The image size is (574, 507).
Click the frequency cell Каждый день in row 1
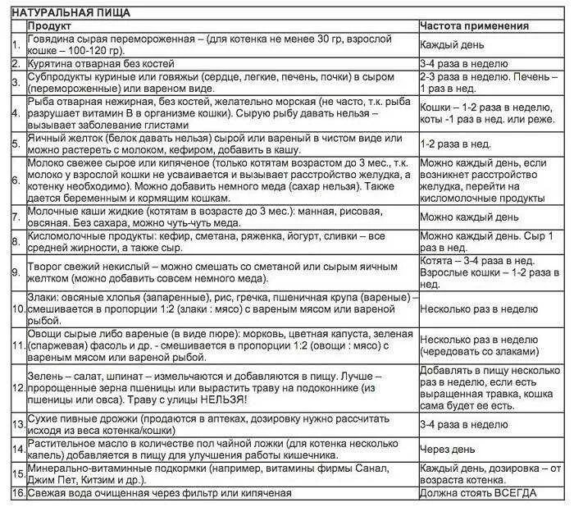pyautogui.click(x=457, y=46)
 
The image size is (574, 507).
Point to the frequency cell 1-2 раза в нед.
pyautogui.click(x=456, y=144)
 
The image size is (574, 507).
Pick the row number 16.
pyautogui.click(x=16, y=492)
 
